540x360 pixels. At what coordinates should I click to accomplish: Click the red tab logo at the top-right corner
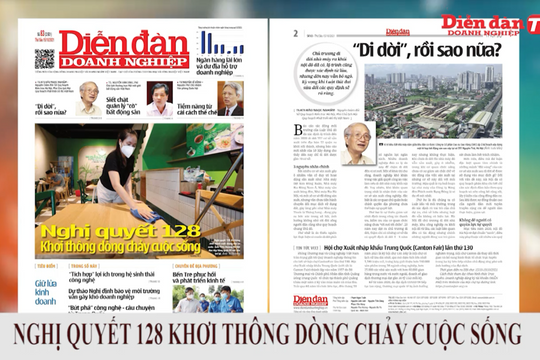(527, 15)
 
